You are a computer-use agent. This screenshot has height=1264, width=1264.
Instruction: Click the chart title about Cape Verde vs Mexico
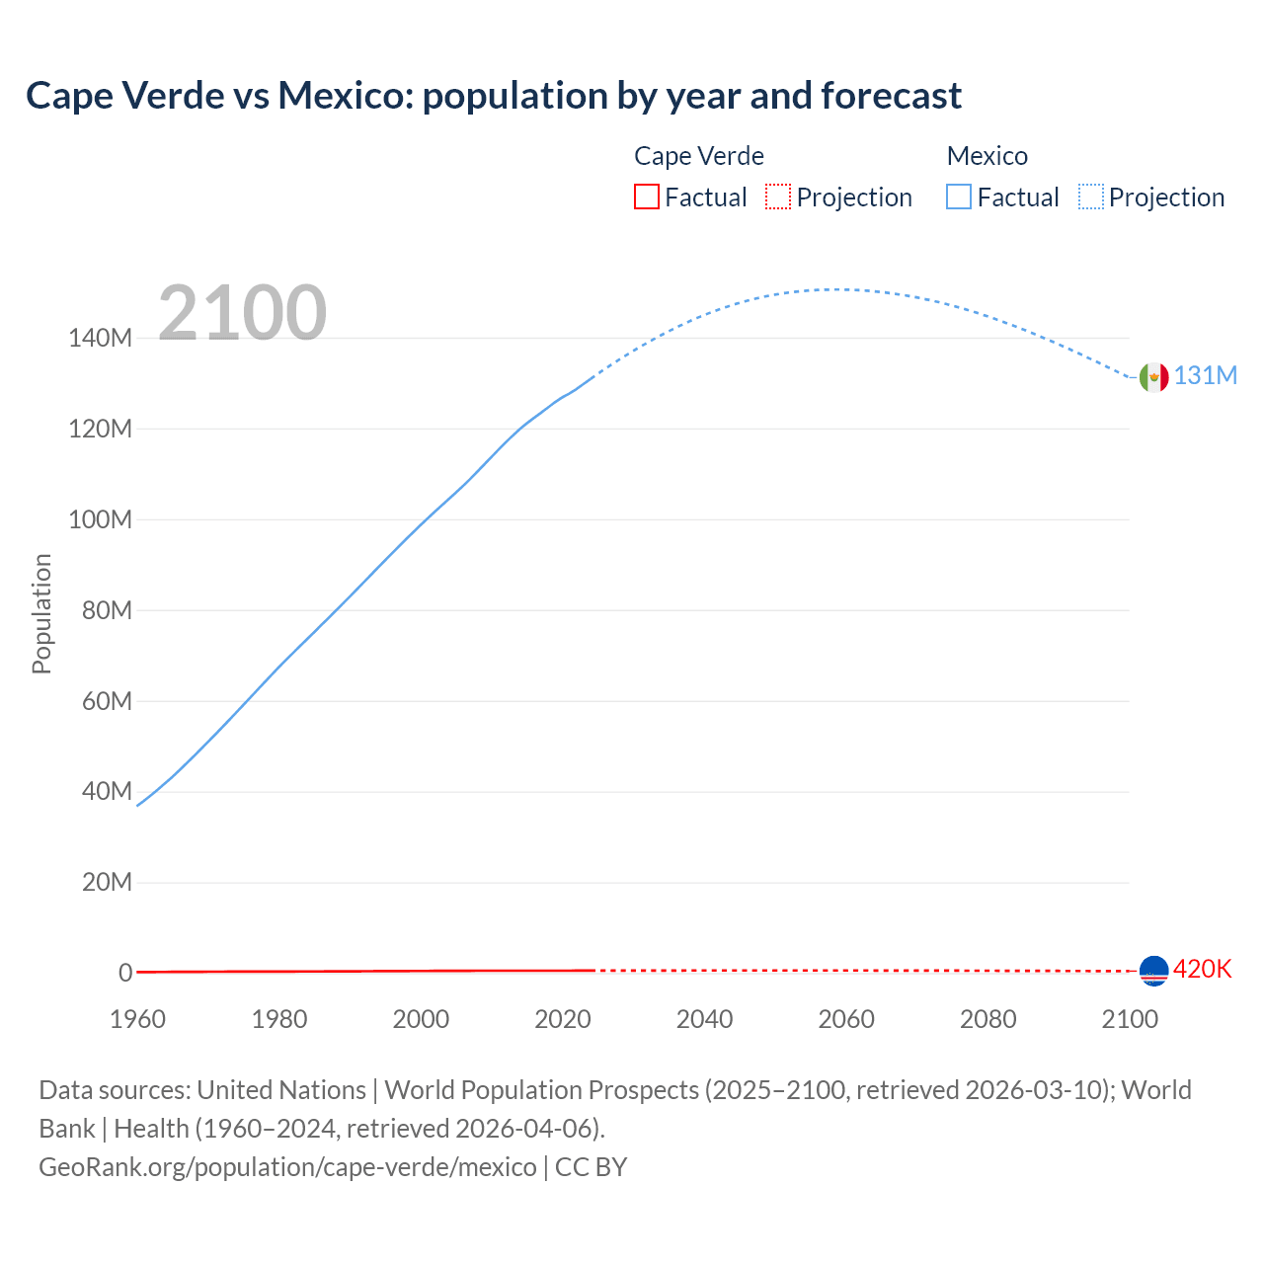coord(494,96)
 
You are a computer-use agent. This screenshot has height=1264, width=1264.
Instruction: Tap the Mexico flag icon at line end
coord(1153,376)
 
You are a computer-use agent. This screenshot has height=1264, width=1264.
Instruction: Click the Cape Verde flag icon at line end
coord(1153,971)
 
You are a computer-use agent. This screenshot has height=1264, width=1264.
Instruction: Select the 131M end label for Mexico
coord(1205,376)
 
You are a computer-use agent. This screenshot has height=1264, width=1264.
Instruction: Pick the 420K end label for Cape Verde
coord(1202,970)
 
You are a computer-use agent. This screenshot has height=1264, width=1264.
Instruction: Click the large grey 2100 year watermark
coord(242,313)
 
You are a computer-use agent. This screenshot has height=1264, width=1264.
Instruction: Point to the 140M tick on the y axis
coord(100,339)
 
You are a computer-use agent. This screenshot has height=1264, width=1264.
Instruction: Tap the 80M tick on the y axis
coord(107,610)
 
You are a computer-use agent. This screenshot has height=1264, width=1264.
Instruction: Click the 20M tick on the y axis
coord(107,882)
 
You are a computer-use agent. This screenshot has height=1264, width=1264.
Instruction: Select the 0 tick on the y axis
coord(125,973)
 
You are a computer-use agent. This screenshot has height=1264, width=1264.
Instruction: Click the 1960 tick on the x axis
coord(137,1019)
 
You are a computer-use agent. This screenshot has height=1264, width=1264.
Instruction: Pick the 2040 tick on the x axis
coord(704,1019)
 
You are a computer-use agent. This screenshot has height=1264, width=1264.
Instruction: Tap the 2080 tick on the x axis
coord(987,1019)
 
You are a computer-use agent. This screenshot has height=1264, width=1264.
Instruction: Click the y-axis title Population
coord(41,613)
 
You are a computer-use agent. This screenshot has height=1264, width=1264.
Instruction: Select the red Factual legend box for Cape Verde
coord(647,197)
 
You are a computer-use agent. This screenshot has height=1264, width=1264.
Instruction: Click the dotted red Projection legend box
coord(778,197)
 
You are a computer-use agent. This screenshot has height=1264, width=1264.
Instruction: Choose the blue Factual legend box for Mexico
coord(959,197)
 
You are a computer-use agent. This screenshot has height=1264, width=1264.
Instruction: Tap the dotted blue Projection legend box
coord(1091,197)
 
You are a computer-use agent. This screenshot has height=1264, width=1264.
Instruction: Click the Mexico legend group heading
coord(987,156)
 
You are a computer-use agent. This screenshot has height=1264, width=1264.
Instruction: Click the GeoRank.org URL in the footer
coord(287,1167)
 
